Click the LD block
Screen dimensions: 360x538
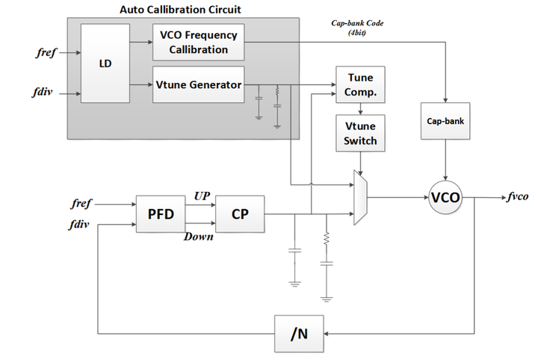pos(105,63)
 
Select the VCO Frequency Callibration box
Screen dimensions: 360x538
pos(200,42)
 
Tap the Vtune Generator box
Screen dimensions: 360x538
pos(200,84)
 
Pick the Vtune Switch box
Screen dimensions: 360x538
pos(361,133)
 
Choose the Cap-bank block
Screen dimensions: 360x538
pos(445,117)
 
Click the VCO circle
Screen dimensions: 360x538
pos(445,198)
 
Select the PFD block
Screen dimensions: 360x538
pos(160,214)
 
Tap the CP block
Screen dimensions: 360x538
pos(240,214)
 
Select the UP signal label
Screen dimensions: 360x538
pos(202,195)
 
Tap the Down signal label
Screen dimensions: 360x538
pos(199,237)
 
